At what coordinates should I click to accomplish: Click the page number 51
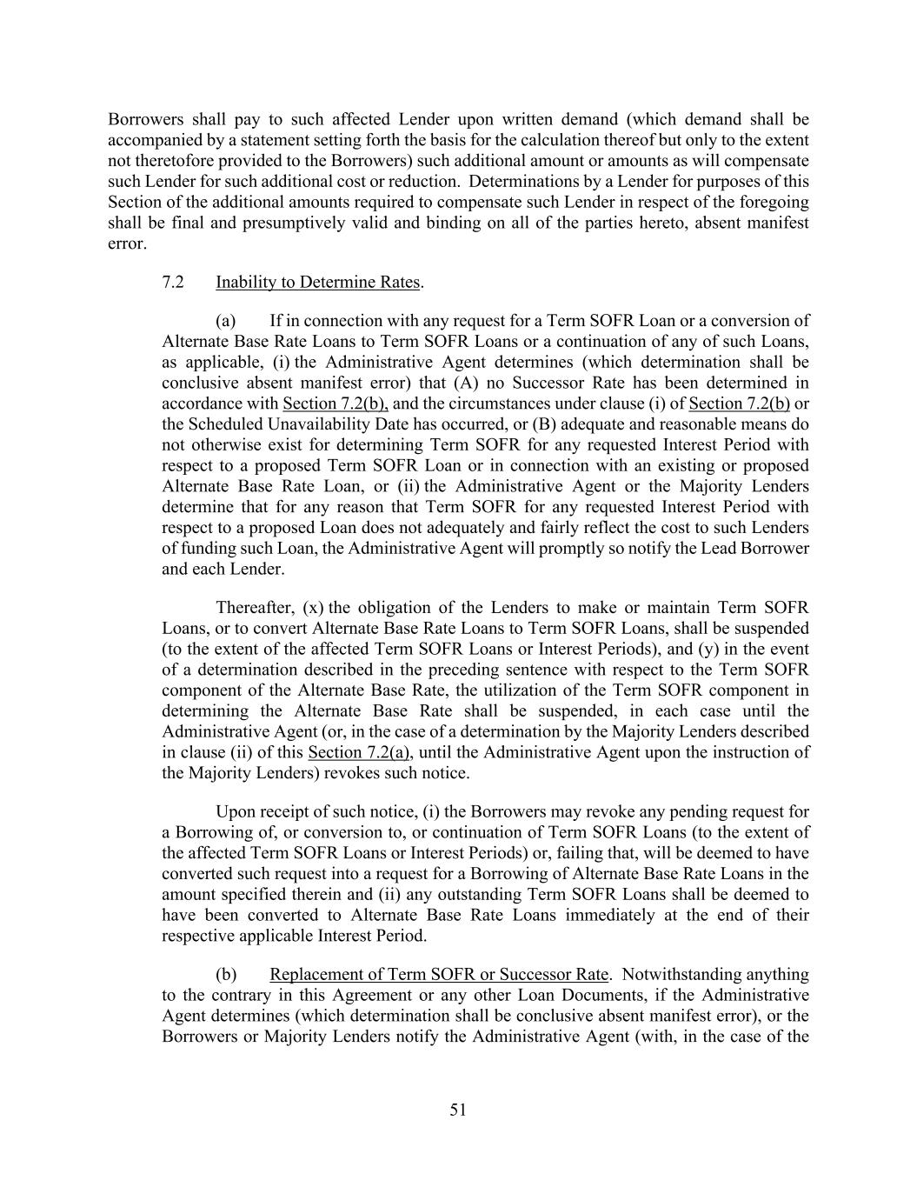pos(458,1109)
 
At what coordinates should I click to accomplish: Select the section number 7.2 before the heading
pos(173,282)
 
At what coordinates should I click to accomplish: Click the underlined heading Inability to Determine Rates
pos(317,282)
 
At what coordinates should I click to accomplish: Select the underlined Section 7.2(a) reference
pos(359,752)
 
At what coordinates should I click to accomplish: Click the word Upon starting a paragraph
pos(235,812)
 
